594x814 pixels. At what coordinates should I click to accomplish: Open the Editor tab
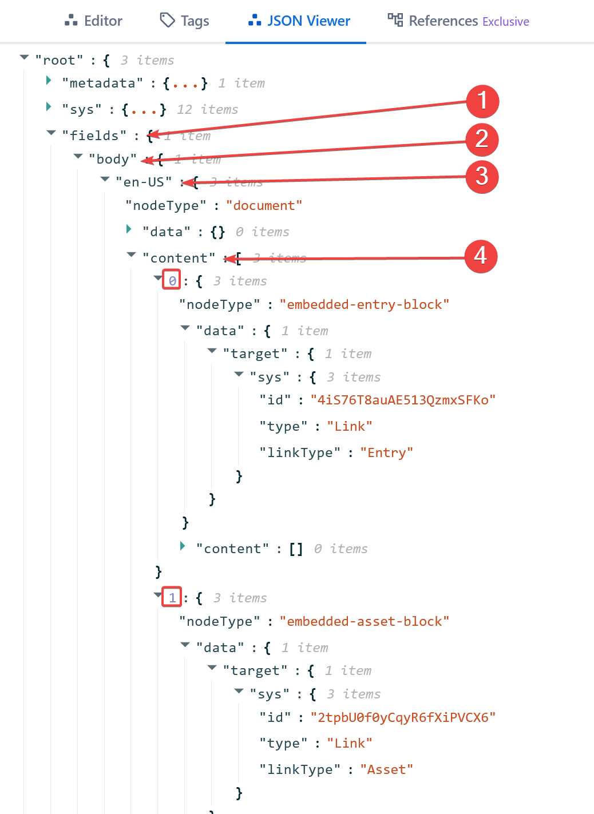point(94,21)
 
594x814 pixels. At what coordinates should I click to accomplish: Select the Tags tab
point(184,21)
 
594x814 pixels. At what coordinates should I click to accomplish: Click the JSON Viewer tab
point(299,21)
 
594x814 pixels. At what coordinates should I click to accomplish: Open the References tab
point(458,21)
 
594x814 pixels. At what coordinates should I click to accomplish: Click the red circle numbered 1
point(482,101)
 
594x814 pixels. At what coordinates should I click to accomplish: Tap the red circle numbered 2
point(482,139)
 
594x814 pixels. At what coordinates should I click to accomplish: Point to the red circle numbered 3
point(482,176)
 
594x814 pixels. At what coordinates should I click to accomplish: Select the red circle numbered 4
point(481,256)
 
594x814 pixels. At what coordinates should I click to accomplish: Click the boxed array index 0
point(172,280)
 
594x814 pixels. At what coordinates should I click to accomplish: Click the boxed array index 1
point(172,597)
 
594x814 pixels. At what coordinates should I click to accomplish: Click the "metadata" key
point(102,84)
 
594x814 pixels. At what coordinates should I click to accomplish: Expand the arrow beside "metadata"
point(49,81)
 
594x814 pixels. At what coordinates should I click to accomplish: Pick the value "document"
point(264,206)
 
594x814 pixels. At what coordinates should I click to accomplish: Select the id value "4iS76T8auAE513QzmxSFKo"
point(403,400)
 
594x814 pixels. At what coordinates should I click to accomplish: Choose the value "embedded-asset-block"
point(364,621)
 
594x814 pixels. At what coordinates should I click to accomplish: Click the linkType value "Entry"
point(386,453)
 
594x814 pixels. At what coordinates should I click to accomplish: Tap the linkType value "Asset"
point(386,770)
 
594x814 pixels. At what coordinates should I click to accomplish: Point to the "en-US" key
point(144,182)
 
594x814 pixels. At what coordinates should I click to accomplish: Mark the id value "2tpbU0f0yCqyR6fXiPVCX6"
point(403,717)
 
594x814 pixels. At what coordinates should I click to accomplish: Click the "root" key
point(59,61)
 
